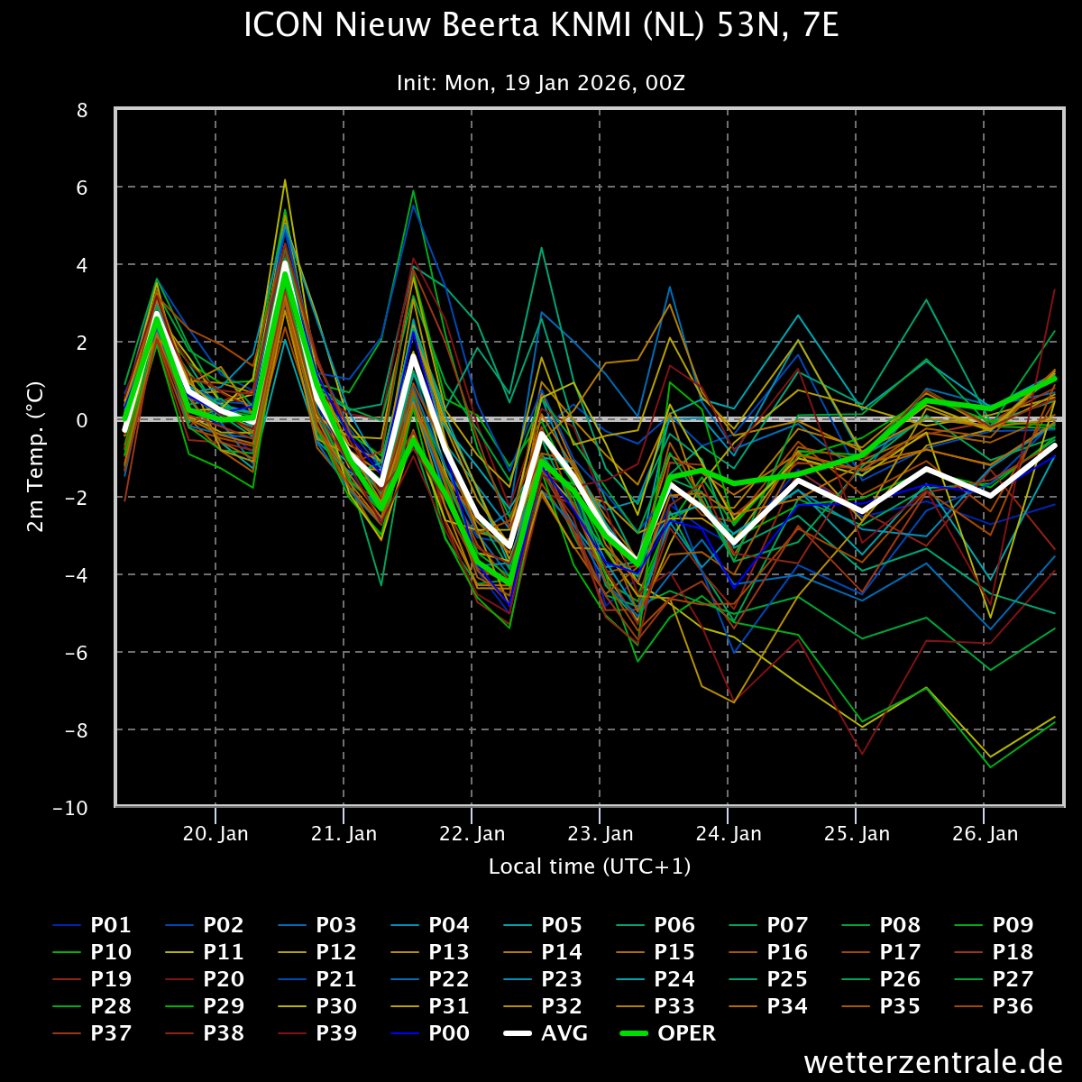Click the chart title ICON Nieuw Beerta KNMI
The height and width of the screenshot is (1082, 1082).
[541, 25]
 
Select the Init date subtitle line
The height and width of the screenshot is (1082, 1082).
[541, 83]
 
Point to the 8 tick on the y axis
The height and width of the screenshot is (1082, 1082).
[83, 110]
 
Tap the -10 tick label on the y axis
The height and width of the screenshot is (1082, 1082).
[70, 808]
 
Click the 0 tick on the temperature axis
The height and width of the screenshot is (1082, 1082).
[83, 420]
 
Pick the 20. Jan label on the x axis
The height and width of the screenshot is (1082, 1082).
[215, 833]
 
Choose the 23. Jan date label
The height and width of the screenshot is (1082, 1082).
[601, 833]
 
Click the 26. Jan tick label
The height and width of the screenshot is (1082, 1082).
[985, 833]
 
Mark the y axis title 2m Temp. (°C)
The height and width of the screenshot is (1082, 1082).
[35, 456]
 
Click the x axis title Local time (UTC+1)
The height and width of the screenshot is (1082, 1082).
[590, 867]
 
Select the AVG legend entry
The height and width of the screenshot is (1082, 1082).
[546, 1032]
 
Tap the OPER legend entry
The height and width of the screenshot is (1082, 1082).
[668, 1032]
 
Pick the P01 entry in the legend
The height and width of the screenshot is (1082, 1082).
[92, 925]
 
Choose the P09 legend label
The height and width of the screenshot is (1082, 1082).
[994, 925]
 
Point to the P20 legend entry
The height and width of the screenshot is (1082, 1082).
[205, 978]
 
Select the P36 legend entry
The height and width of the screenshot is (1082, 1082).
[994, 1005]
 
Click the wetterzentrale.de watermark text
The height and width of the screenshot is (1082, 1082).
[933, 1062]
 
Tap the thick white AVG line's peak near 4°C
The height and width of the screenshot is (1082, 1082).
[285, 262]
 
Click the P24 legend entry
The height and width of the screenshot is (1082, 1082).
[656, 978]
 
